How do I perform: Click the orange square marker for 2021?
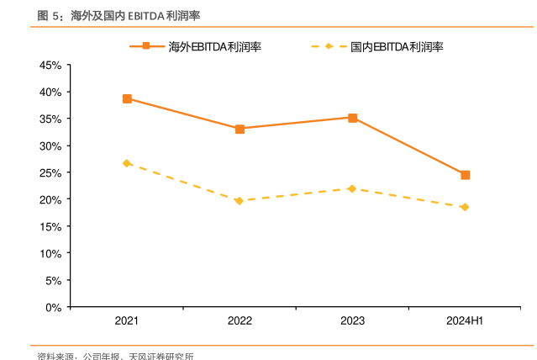pyautogui.click(x=127, y=98)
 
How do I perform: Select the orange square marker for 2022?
pyautogui.click(x=240, y=129)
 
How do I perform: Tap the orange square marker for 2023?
pyautogui.click(x=352, y=118)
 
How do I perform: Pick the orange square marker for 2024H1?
pyautogui.click(x=465, y=175)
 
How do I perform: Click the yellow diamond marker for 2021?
pyautogui.click(x=127, y=163)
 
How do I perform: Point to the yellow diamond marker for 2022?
pyautogui.click(x=240, y=201)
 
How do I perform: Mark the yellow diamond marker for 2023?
pyautogui.click(x=352, y=188)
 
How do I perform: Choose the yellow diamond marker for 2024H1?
pyautogui.click(x=465, y=207)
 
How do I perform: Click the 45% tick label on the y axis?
pyautogui.click(x=50, y=65)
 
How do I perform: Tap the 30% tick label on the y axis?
pyautogui.click(x=50, y=146)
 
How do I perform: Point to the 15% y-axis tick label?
pyautogui.click(x=50, y=227)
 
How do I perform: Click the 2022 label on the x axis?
pyautogui.click(x=240, y=321)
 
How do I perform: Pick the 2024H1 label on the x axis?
pyautogui.click(x=465, y=321)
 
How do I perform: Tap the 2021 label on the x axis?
pyautogui.click(x=127, y=321)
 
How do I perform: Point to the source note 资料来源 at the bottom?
pyautogui.click(x=56, y=357)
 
